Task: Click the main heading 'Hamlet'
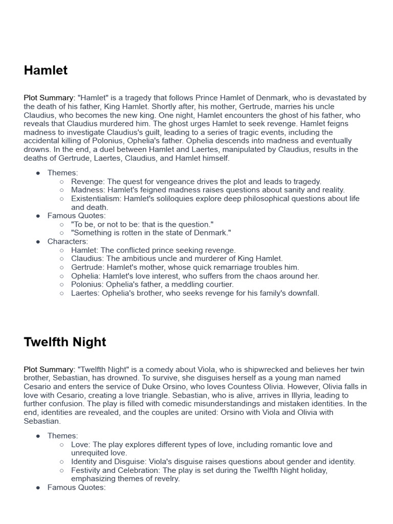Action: tap(46, 71)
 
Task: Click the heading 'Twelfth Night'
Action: tap(65, 342)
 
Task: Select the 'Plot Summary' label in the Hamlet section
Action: tap(49, 98)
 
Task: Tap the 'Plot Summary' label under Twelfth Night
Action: tap(49, 369)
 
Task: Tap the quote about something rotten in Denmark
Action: tap(151, 233)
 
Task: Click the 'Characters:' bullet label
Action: tap(68, 242)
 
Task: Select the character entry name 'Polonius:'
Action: tap(88, 285)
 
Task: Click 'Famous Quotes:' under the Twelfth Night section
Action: tap(76, 488)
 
